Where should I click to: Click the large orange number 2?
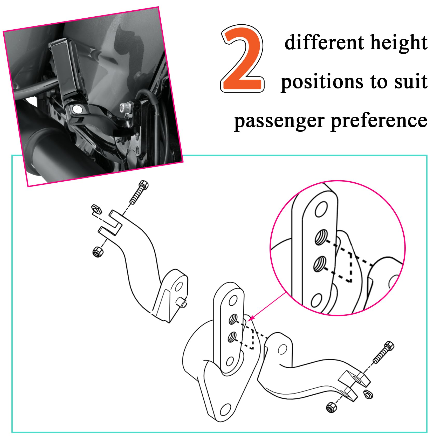(243, 59)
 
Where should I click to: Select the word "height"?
(399, 43)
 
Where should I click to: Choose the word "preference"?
(379, 121)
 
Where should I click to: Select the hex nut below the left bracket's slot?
(98, 251)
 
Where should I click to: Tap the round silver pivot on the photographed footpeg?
(77, 109)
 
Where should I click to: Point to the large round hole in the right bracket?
(282, 349)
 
